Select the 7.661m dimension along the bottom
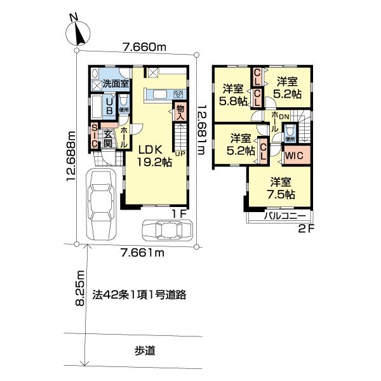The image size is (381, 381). tap(143, 253)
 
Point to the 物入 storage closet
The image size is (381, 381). tap(180, 113)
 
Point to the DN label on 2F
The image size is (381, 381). tap(284, 116)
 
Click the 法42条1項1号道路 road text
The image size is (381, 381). tap(141, 295)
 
